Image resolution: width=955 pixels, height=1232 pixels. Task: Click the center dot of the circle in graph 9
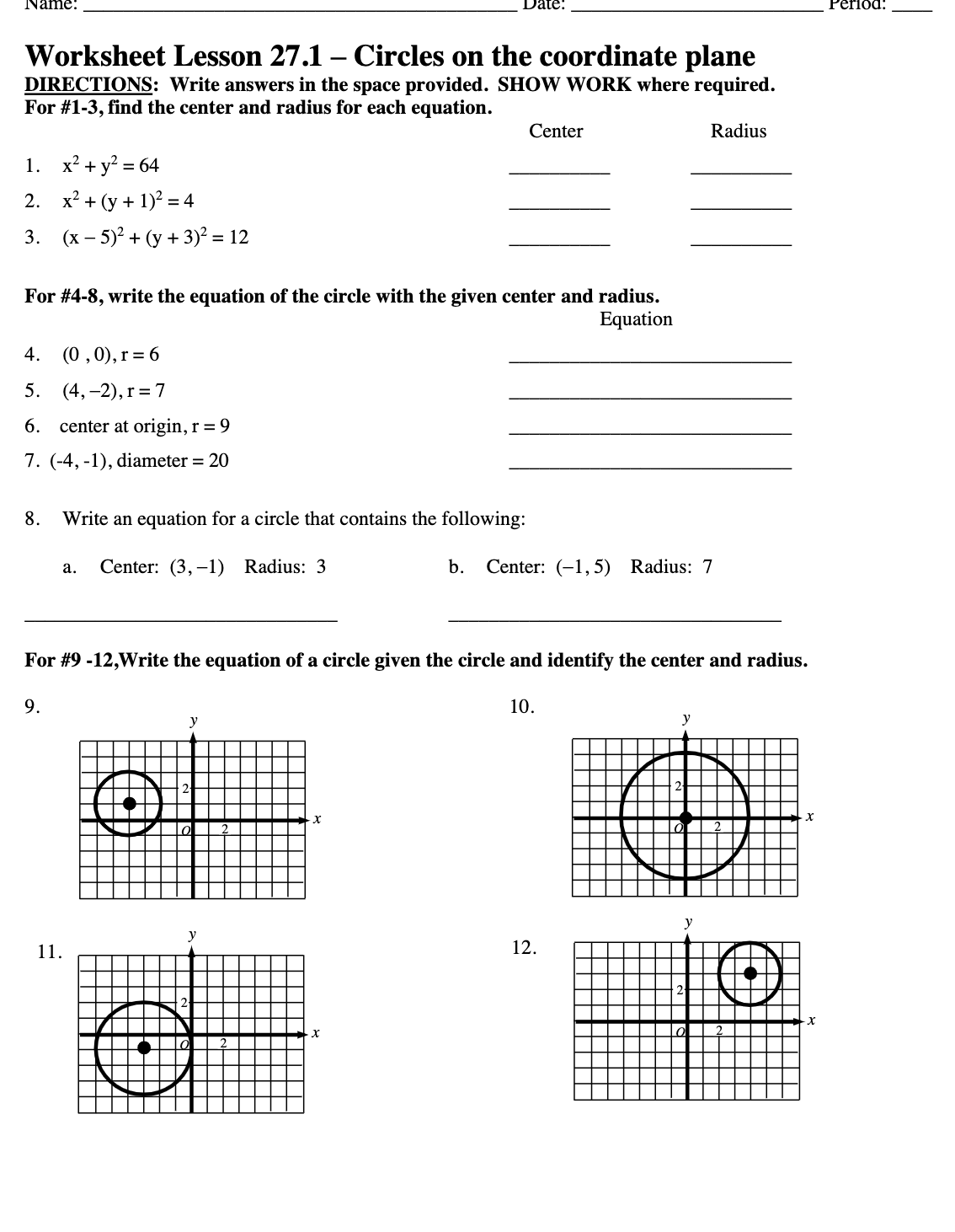[129, 803]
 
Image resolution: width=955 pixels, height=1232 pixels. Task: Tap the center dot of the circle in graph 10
[686, 817]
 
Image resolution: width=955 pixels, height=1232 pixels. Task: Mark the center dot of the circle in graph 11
[144, 1047]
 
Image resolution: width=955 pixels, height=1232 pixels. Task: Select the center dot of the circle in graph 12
[750, 973]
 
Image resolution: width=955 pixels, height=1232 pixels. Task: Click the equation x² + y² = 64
[110, 165]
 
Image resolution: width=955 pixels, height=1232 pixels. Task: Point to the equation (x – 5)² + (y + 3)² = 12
[155, 237]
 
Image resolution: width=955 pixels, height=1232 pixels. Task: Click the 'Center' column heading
[556, 131]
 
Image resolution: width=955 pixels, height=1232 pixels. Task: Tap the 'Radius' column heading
[739, 131]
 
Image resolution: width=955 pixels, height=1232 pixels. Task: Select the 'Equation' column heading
[636, 319]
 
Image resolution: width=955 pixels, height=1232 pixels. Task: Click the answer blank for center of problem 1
[559, 173]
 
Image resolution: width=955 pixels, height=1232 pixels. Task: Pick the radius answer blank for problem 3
[740, 244]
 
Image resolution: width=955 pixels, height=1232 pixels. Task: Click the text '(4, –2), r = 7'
[114, 390]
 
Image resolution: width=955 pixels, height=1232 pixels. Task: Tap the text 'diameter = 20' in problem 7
[173, 461]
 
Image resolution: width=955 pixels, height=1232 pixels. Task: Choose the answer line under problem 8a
[181, 620]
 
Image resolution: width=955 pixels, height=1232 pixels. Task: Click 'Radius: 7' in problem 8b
[671, 567]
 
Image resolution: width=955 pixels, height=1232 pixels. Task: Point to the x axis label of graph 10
[809, 817]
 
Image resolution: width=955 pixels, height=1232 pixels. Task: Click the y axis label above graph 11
[193, 935]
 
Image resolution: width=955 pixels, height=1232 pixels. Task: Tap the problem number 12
[524, 948]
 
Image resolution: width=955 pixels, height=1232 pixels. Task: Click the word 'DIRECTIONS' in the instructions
[88, 85]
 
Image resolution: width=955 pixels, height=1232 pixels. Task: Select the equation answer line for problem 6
[650, 433]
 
